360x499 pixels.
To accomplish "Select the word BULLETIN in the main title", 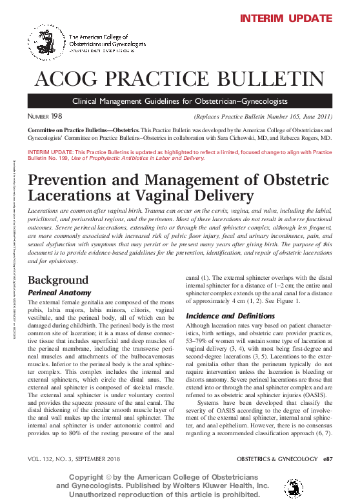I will coord(268,79).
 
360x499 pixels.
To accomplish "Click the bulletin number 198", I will coord(57,117).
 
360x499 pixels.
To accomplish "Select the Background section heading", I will coord(57,280).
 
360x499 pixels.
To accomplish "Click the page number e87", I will coord(327,458).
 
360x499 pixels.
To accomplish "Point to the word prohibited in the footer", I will coord(249,494).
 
